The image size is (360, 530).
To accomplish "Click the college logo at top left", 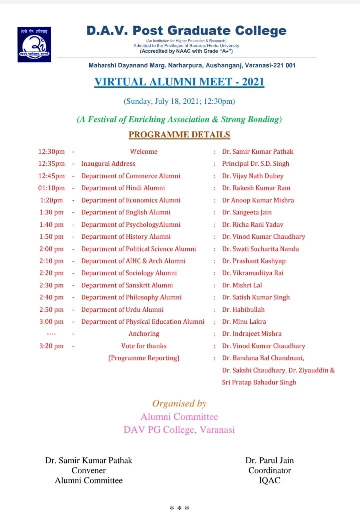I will coord(34,44).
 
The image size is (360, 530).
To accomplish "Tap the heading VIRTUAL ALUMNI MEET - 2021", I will coord(179,82).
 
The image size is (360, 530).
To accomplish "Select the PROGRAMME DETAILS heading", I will coord(179,134).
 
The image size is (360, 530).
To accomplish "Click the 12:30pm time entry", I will coord(52,151).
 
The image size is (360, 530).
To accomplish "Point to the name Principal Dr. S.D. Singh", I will coord(255,163).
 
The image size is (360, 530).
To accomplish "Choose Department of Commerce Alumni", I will coord(131,176).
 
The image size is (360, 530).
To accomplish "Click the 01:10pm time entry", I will coord(52,188).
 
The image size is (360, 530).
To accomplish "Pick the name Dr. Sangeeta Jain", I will coord(247,212).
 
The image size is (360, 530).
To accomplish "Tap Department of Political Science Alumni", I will coord(139,249).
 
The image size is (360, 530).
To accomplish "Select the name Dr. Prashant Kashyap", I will coord(254,261).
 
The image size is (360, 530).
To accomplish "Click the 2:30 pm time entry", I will coord(52,285).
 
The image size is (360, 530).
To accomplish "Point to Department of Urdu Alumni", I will coord(122,309).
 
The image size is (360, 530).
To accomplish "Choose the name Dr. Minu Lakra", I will coord(244,322).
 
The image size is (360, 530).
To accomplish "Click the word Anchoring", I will coord(144,334).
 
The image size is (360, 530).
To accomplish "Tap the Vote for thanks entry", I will coord(144,346).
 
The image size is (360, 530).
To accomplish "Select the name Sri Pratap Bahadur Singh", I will coord(259,382).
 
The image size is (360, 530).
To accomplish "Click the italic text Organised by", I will coord(179,403).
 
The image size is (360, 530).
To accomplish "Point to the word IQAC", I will coord(269,480).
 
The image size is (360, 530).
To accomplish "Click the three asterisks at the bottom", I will coord(179,509).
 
